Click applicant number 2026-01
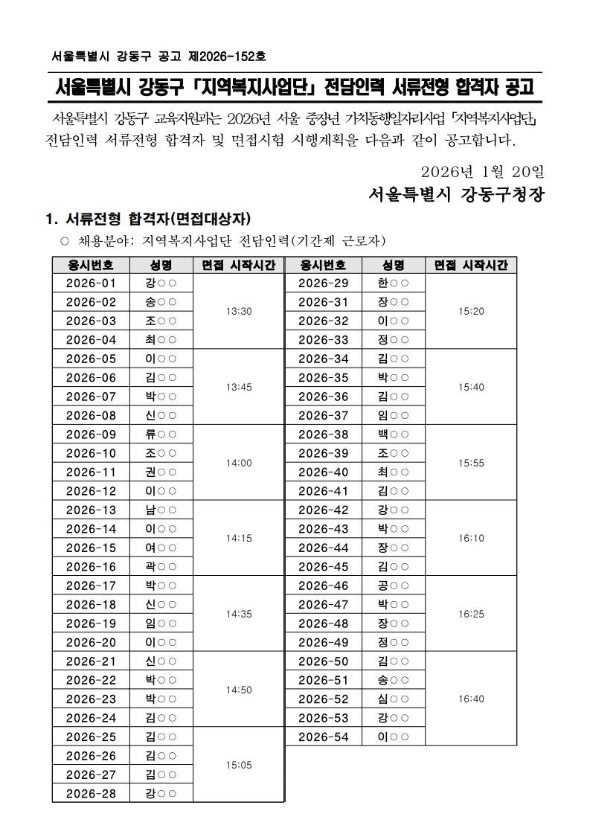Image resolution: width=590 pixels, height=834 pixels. tap(91, 283)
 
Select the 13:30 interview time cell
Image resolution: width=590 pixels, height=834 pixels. tap(239, 312)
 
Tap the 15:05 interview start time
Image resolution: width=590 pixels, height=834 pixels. tap(239, 765)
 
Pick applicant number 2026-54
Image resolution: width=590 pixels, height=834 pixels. tap(323, 737)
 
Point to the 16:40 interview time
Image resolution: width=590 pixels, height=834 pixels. tap(471, 699)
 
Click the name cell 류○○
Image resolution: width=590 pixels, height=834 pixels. tap(161, 434)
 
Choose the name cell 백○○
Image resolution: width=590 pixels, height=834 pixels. tap(394, 434)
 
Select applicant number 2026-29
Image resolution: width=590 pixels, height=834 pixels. tap(323, 283)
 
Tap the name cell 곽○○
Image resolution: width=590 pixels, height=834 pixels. tap(161, 567)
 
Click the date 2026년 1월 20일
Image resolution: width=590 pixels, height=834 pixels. tap(482, 171)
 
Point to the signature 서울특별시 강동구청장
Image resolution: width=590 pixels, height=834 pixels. tap(456, 196)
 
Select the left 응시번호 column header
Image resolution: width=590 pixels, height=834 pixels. tap(91, 265)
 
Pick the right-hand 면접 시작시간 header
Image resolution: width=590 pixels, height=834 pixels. tap(471, 265)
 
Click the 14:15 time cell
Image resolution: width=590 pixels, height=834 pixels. tap(239, 538)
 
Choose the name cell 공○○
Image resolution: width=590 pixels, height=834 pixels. tap(394, 586)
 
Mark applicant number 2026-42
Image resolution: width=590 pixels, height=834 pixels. tap(323, 510)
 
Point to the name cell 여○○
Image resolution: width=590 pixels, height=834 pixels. tap(161, 548)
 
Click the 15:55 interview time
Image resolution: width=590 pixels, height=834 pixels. tap(471, 463)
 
